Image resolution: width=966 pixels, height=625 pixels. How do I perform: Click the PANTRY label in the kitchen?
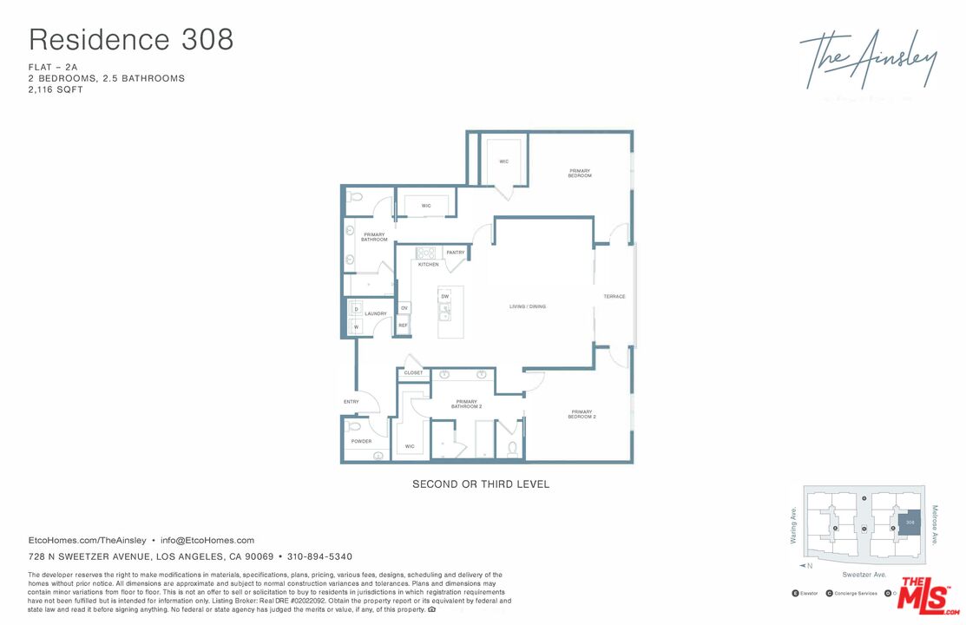coord(456,253)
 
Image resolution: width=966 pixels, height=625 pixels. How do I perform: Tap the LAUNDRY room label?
coord(375,313)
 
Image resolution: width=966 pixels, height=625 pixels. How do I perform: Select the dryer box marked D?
coord(355,309)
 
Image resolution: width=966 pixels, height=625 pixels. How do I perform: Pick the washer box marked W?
coord(355,327)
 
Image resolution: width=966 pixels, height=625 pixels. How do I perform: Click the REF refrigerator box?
coord(403,326)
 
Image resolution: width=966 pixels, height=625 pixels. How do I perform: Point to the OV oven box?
coord(404,308)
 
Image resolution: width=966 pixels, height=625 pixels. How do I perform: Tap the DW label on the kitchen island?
coord(444,297)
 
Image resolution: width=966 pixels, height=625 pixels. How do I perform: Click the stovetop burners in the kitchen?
coord(425,253)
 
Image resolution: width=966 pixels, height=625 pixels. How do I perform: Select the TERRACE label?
coord(614,297)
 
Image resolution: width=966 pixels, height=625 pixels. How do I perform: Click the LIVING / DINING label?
coord(528,306)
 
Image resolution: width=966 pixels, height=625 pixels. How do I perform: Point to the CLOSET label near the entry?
coord(413,372)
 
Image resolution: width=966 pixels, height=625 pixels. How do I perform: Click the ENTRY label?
coord(352,402)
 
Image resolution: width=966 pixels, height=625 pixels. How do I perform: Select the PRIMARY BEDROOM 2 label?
coord(582,414)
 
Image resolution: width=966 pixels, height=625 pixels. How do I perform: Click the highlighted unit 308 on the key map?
coord(909,522)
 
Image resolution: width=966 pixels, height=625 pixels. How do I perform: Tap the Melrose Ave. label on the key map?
coord(935,524)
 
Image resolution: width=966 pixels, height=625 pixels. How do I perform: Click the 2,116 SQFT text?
coord(56,89)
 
